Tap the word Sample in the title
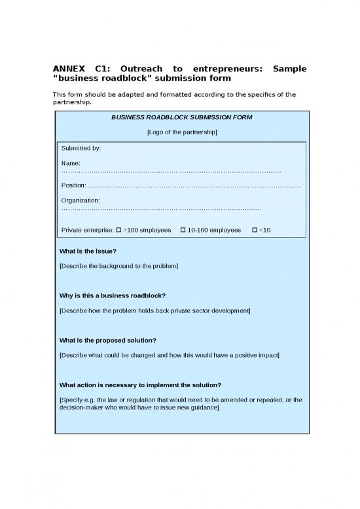289,69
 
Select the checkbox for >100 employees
118,230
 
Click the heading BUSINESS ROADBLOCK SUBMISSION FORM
181,117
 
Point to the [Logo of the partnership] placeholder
181,132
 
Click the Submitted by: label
81,149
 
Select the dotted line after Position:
194,185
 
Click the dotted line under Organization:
161,208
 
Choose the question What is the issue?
88,251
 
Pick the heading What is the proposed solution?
108,340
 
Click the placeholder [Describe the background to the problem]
118,266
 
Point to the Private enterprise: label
87,230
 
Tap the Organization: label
81,200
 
